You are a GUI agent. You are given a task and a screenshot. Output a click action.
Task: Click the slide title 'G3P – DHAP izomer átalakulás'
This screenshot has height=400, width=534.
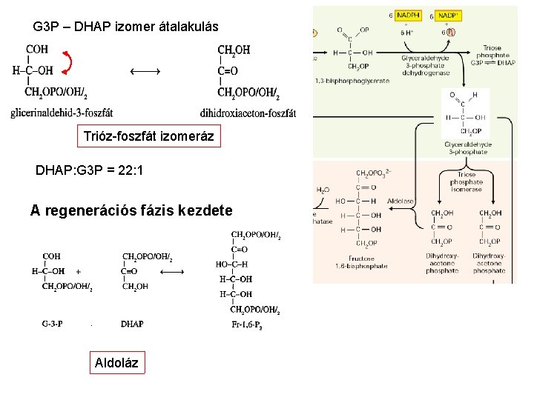tap(125, 27)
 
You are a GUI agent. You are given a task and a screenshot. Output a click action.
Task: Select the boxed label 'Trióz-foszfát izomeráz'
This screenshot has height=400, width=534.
tap(149, 137)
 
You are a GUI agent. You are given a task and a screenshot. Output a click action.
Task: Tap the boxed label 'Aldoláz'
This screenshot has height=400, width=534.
tap(116, 363)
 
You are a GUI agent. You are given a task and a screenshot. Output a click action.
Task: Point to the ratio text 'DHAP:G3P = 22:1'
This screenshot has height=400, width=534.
tap(89, 170)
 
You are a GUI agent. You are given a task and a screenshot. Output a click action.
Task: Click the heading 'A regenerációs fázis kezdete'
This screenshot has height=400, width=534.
tap(131, 210)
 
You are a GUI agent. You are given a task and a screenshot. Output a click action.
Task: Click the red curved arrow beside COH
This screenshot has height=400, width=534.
tap(67, 64)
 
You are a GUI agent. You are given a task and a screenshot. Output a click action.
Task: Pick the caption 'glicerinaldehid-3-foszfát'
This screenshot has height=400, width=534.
tap(62, 113)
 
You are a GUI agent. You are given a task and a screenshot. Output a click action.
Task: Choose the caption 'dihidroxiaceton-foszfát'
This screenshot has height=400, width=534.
tap(248, 113)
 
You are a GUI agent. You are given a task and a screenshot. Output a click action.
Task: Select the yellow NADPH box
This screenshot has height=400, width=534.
tap(409, 15)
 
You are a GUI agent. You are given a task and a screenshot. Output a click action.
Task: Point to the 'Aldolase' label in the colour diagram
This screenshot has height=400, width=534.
tap(400, 201)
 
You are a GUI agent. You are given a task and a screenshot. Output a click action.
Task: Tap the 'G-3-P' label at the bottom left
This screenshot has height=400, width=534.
tap(53, 324)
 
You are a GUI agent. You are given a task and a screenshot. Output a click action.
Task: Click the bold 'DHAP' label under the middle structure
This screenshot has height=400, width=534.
tap(132, 324)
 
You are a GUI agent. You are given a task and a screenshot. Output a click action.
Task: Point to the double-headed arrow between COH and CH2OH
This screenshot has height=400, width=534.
tap(145, 71)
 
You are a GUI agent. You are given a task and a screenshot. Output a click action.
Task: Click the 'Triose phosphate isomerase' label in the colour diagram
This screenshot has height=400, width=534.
tap(467, 182)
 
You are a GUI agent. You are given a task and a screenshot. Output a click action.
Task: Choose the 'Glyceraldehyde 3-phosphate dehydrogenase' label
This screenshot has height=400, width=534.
tap(423, 65)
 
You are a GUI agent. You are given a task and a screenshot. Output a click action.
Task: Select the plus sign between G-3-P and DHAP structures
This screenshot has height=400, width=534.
tap(79, 271)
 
